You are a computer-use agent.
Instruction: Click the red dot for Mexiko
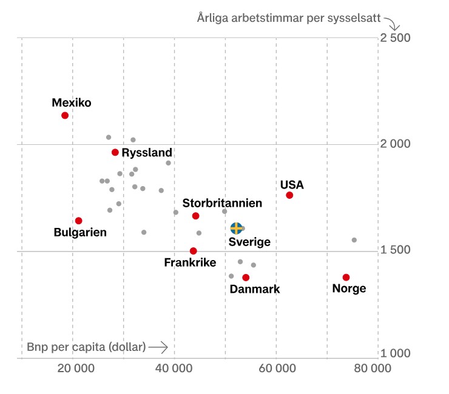pos(65,115)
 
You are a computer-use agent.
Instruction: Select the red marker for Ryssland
pos(115,152)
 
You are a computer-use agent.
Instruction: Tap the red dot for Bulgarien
pos(78,221)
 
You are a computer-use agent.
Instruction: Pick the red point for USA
pos(289,195)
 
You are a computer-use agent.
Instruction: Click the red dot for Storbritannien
pos(195,216)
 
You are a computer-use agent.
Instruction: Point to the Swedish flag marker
pos(237,228)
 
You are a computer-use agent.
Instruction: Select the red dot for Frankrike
pos(193,251)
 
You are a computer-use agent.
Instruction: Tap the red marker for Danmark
pos(246,278)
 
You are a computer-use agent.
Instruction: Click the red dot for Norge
pos(346,277)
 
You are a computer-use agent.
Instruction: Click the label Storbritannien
pos(222,203)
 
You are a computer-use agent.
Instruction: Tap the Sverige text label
pos(249,242)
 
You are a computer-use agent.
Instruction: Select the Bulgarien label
pos(80,232)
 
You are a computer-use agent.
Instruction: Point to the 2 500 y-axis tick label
pos(395,38)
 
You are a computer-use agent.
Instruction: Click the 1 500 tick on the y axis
pos(395,250)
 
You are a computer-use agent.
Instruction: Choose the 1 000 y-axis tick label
pos(395,353)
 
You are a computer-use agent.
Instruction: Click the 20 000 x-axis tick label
pos(73,369)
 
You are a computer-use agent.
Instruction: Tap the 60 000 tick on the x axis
pos(276,369)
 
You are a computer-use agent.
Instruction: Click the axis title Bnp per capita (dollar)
pos(86,347)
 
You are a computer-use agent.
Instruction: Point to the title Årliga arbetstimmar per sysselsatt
pos(288,18)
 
